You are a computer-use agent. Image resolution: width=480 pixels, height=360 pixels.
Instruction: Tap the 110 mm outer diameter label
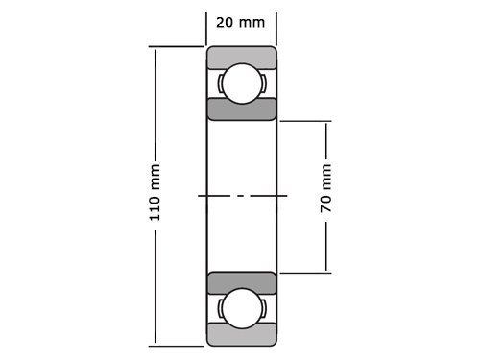point(155,196)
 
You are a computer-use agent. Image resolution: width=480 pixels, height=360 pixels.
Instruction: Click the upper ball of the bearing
point(242,83)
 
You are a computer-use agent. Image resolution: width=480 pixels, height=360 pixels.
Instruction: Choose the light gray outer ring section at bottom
point(242,336)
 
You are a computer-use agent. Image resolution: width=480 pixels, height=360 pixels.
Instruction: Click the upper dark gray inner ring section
point(242,109)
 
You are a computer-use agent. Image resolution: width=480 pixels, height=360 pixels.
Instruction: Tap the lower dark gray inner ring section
point(242,282)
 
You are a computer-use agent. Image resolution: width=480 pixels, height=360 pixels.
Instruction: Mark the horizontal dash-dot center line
point(242,196)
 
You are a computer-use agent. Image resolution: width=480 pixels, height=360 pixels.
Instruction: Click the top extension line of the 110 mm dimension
point(178,46)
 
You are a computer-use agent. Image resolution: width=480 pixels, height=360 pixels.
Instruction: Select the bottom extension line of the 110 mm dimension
point(178,345)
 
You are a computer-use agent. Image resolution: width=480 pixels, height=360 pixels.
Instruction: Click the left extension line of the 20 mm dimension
point(206,27)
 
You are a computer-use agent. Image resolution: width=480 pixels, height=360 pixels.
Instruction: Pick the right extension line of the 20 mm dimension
point(276,27)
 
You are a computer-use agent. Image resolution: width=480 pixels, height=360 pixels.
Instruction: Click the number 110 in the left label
point(155,210)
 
